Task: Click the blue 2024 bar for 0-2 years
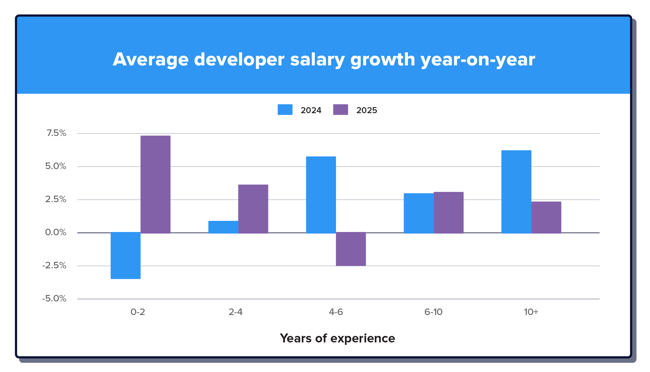pyautogui.click(x=125, y=255)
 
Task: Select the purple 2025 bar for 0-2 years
pyautogui.click(x=155, y=184)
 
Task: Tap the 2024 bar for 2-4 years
pyautogui.click(x=223, y=227)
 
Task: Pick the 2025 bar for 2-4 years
pyautogui.click(x=253, y=209)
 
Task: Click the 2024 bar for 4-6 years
pyautogui.click(x=321, y=195)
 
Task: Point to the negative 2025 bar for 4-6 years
pyautogui.click(x=351, y=249)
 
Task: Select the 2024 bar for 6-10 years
pyautogui.click(x=418, y=213)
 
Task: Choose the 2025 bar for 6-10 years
pyautogui.click(x=448, y=212)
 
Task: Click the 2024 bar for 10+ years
pyautogui.click(x=516, y=192)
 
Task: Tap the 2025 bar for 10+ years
pyautogui.click(x=546, y=217)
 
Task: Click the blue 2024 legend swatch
pyautogui.click(x=285, y=110)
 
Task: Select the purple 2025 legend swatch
pyautogui.click(x=341, y=110)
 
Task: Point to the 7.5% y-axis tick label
pyautogui.click(x=56, y=133)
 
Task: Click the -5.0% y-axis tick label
pyautogui.click(x=54, y=298)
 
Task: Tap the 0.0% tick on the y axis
pyautogui.click(x=56, y=232)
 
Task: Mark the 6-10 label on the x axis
pyautogui.click(x=433, y=312)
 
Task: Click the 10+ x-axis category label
pyautogui.click(x=531, y=312)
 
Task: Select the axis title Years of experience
pyautogui.click(x=337, y=338)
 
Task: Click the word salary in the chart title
pyautogui.click(x=317, y=60)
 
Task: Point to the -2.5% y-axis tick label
pyautogui.click(x=54, y=265)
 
